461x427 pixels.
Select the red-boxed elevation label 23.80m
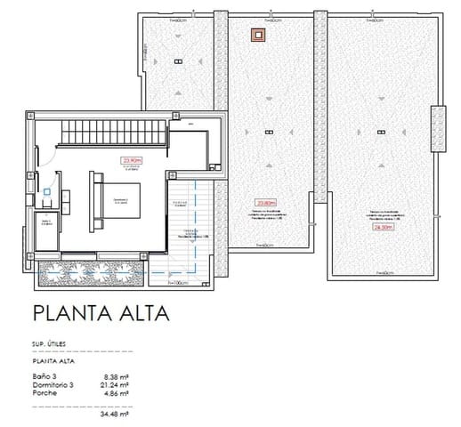[x=264, y=201]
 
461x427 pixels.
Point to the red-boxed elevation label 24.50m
[x=383, y=227]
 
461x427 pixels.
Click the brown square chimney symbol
[x=258, y=36]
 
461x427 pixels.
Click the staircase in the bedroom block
[x=113, y=137]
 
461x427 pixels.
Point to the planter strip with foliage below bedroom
[x=89, y=273]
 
